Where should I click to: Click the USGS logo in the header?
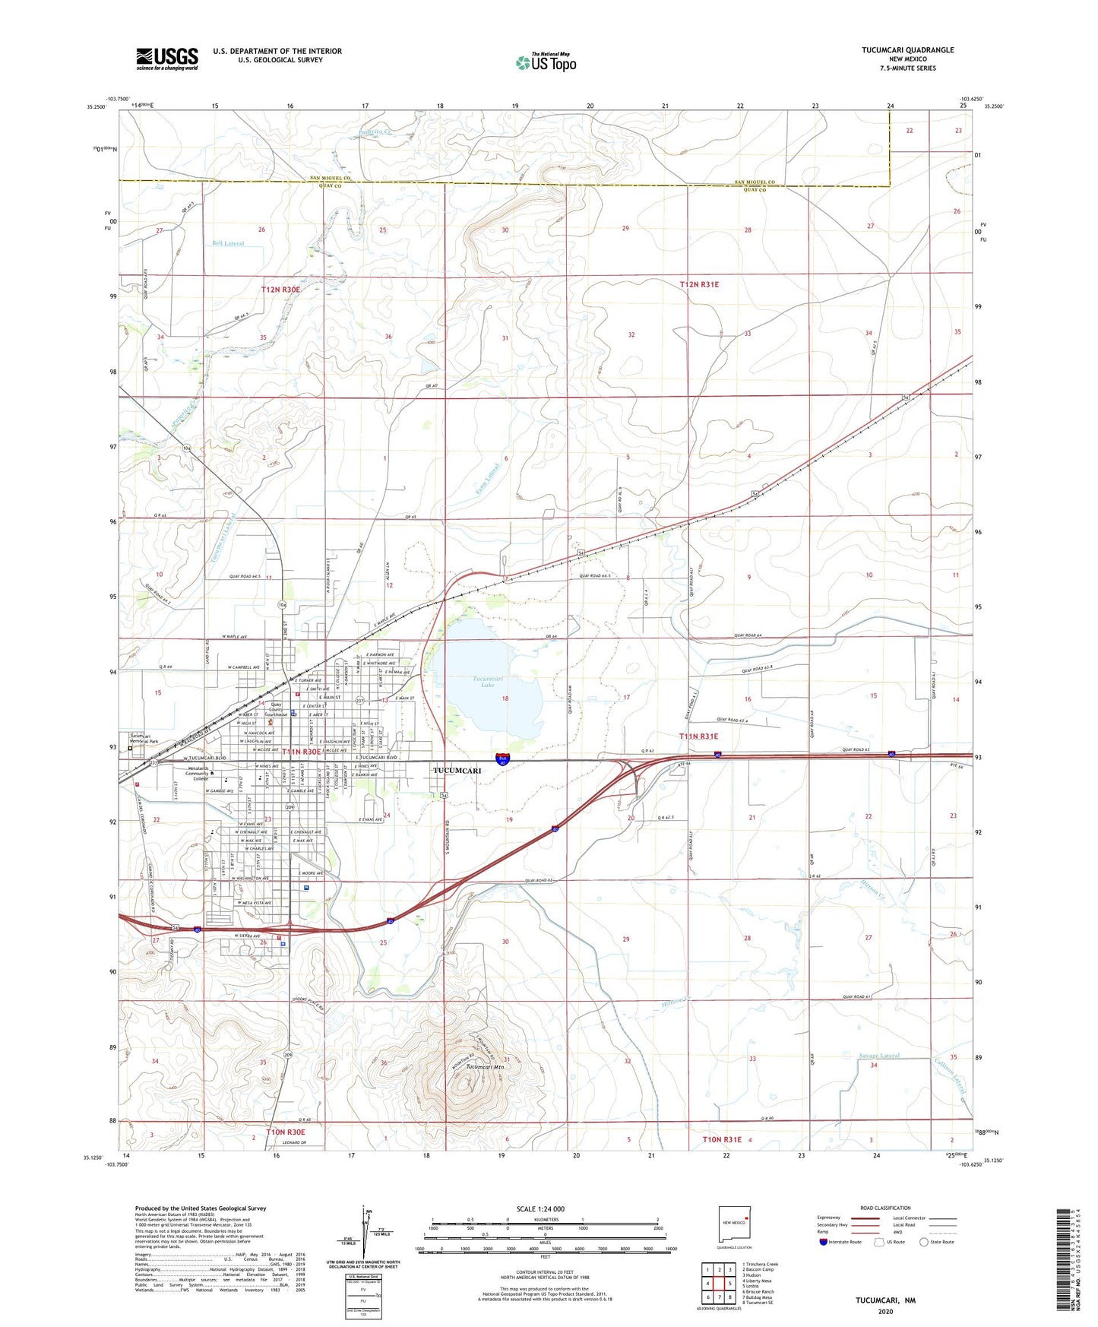(167, 59)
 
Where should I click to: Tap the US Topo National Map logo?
(546, 62)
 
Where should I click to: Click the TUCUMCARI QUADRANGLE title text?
(907, 50)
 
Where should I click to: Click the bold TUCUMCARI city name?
(457, 771)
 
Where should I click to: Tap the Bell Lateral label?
(228, 244)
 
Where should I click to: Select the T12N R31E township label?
(698, 284)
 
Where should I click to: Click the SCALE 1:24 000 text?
(540, 1209)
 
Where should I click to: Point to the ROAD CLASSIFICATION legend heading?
(885, 1208)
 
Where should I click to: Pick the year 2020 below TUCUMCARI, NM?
(885, 1311)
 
